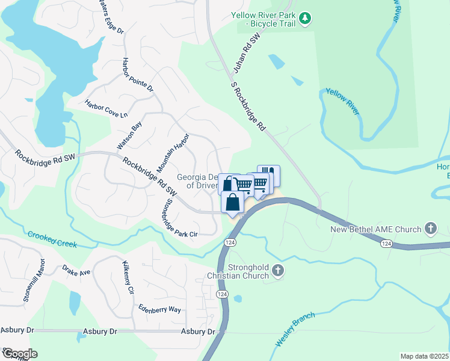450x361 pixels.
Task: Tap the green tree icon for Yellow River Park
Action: (x=306, y=19)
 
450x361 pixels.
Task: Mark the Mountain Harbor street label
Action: (x=173, y=151)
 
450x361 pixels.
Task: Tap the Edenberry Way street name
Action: (x=159, y=309)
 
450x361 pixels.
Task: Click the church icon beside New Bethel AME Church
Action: (x=430, y=229)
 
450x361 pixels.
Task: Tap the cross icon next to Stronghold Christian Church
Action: (x=278, y=271)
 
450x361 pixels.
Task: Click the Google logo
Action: (x=19, y=354)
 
